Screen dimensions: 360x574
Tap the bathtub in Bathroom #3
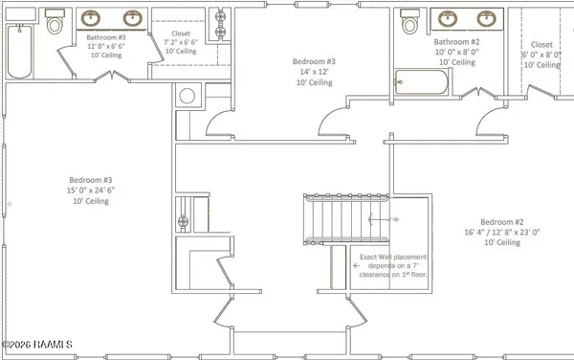20,53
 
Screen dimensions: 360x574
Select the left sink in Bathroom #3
93,18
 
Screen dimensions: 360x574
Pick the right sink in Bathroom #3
133,18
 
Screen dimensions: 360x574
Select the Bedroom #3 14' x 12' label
313,72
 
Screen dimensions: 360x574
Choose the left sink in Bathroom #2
447,18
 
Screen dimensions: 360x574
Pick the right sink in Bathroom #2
489,18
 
